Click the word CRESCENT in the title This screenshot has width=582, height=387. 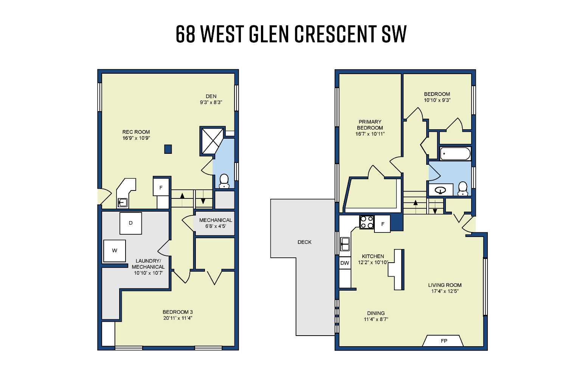tap(334, 34)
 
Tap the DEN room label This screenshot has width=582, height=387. tap(211, 96)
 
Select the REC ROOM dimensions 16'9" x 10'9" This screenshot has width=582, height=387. tap(136, 138)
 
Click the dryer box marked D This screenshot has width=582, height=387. tap(131, 223)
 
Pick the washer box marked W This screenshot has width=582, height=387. tap(115, 251)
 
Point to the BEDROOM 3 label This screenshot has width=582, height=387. tap(178, 312)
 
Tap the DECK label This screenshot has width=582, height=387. tap(304, 242)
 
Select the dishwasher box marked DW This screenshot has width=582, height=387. tap(345, 263)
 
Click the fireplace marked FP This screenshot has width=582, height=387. tap(444, 341)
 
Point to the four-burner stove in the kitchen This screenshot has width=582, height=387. tap(366, 222)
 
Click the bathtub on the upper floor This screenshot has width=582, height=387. tap(455, 154)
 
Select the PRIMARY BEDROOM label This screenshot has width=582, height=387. tap(370, 125)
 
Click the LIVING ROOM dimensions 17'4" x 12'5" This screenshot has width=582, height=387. tap(445, 291)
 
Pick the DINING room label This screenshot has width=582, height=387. tap(376, 313)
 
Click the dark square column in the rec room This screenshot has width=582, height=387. tap(168, 149)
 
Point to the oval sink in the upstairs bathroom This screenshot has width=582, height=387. tap(440, 190)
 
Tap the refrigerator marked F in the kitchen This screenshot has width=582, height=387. tap(382, 224)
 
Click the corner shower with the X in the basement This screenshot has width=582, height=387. tap(213, 141)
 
